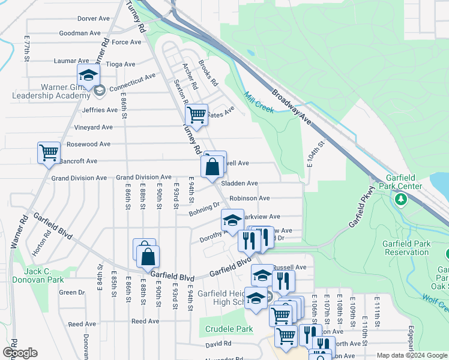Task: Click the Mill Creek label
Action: (x=259, y=102)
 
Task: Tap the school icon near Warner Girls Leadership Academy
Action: (x=88, y=76)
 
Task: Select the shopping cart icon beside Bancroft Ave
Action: (x=49, y=152)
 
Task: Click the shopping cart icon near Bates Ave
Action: (x=196, y=115)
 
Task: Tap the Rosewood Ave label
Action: (x=88, y=144)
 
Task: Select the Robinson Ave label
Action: (x=249, y=198)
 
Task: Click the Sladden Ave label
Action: (x=240, y=183)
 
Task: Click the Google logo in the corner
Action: (x=19, y=353)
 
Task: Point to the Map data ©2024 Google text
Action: (x=411, y=355)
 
